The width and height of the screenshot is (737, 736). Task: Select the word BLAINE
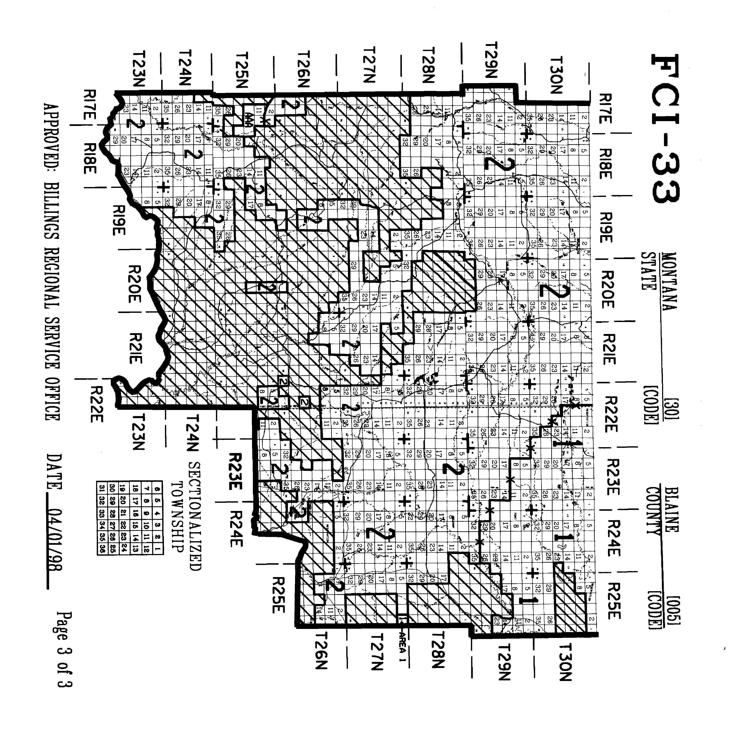(671, 509)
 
